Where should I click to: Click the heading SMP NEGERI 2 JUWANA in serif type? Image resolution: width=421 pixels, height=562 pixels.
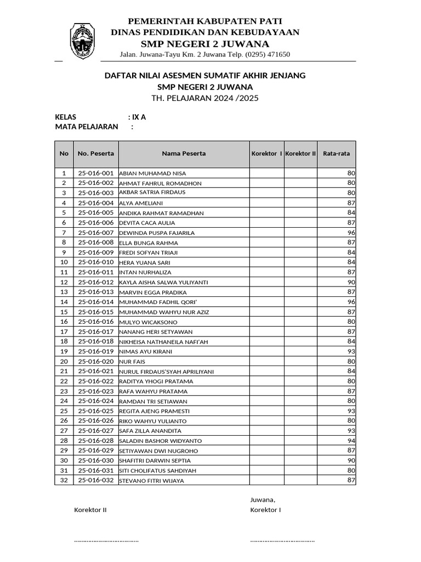[x=205, y=44]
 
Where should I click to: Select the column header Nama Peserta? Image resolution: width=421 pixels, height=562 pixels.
[x=184, y=154]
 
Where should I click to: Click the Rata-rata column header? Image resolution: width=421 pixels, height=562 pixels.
[x=336, y=154]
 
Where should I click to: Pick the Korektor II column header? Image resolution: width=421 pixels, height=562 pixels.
[x=300, y=154]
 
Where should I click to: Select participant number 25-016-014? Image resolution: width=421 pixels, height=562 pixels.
[x=96, y=302]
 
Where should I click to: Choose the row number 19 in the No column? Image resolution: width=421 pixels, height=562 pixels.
[x=64, y=351]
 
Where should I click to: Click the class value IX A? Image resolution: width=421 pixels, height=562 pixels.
[x=137, y=117]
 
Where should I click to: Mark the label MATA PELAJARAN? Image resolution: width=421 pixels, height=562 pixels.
[x=87, y=127]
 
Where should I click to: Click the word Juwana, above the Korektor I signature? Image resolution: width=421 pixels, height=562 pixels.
[x=263, y=499]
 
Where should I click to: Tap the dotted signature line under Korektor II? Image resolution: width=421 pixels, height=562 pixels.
[x=106, y=541]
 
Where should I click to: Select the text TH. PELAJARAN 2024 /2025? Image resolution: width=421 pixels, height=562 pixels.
[x=205, y=98]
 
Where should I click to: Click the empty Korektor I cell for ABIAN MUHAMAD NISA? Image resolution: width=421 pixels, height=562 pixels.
[x=267, y=173]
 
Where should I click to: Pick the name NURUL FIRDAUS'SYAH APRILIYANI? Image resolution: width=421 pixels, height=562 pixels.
[x=166, y=372]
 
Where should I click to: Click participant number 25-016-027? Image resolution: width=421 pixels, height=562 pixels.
[x=96, y=431]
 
